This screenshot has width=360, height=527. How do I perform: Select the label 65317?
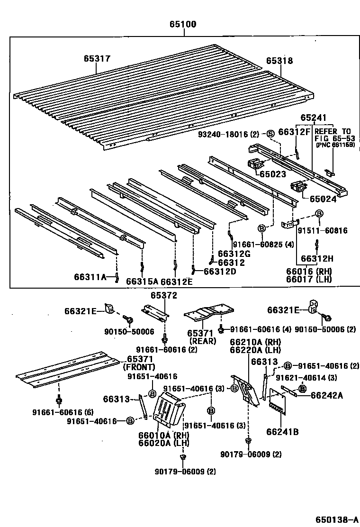click(97, 59)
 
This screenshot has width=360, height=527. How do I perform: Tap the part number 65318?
click(279, 61)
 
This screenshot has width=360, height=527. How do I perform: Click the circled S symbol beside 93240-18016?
click(270, 133)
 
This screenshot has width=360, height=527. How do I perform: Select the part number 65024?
click(323, 199)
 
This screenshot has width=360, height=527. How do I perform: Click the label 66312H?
click(317, 258)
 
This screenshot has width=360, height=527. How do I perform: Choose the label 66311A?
click(90, 277)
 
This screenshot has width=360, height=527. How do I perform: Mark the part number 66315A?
click(142, 281)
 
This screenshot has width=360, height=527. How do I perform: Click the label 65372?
click(164, 296)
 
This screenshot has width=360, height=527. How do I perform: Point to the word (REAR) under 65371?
click(202, 341)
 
